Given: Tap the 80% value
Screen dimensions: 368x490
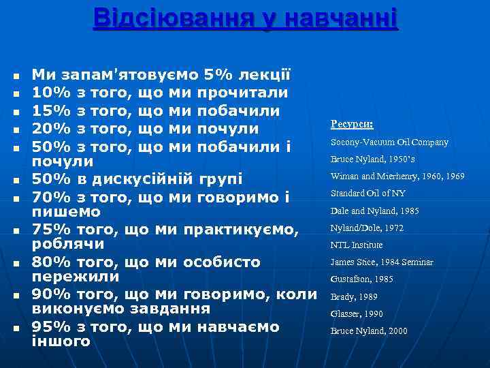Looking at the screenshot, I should pyautogui.click(x=52, y=262).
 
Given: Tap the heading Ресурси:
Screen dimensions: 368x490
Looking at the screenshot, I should pyautogui.click(x=351, y=124).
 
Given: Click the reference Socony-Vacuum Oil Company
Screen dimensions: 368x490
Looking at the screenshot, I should pyautogui.click(x=389, y=142).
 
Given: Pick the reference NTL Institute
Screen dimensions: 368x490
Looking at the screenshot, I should pyautogui.click(x=357, y=245).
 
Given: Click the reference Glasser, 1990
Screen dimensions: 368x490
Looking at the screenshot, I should pyautogui.click(x=357, y=314).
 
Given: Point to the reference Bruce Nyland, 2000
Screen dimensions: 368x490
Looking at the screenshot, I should pyautogui.click(x=369, y=331).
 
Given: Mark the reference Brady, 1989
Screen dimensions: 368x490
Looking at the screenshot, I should pyautogui.click(x=353, y=297).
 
